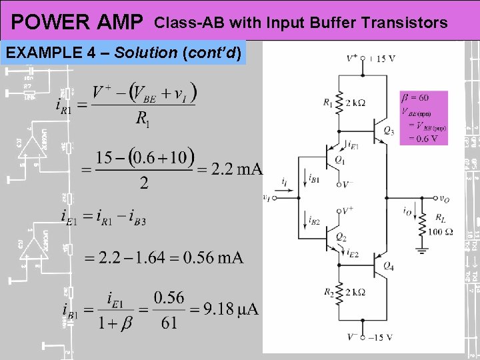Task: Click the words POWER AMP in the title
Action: coord(77,23)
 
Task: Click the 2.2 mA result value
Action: coord(237,169)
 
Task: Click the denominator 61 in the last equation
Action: coord(169,323)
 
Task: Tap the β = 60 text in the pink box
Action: coord(414,97)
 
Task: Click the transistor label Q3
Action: coord(388,130)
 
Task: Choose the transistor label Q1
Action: coord(339,160)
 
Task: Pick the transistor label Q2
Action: coord(341,237)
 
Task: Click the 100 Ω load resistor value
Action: coord(441,232)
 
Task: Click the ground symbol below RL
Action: coord(421,251)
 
